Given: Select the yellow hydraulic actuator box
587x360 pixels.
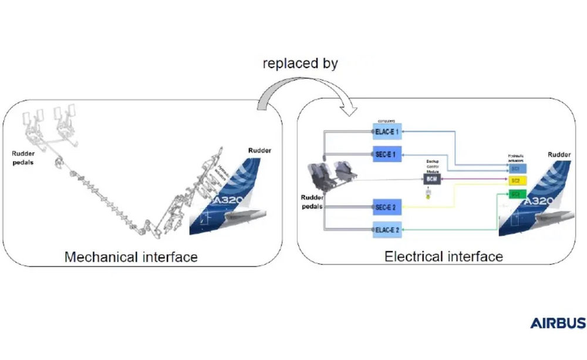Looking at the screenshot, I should (x=515, y=181).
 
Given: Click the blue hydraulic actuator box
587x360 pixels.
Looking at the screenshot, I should (x=515, y=169).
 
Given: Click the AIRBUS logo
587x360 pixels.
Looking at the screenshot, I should (x=558, y=323).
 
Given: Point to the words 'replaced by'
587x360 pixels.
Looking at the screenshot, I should (x=300, y=63).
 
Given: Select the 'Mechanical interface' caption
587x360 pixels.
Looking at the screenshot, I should (x=130, y=257).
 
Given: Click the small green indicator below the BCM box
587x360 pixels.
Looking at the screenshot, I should (x=428, y=196).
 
